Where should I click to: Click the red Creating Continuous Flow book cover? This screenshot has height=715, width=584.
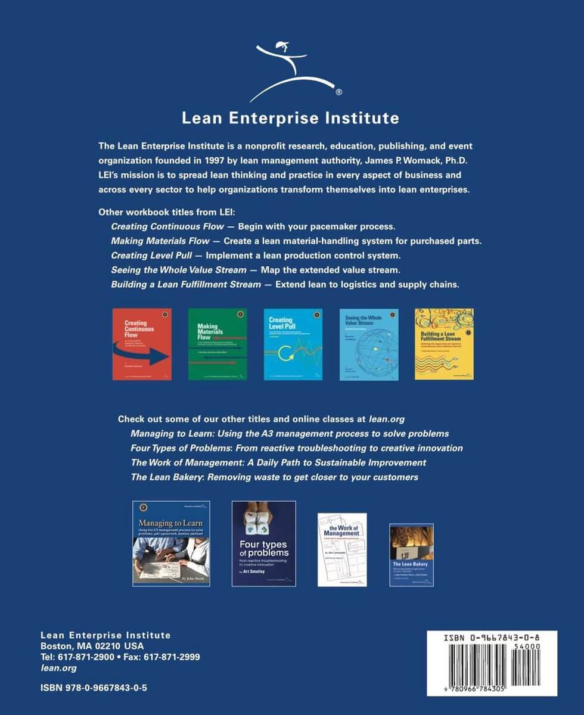142,344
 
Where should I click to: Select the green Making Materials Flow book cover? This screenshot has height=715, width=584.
218,344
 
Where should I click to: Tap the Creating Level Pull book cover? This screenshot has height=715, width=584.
293,344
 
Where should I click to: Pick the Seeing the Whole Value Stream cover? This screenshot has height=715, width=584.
369,344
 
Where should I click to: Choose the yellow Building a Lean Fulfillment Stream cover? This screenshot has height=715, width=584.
444,344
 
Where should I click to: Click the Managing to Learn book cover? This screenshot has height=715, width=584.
171,543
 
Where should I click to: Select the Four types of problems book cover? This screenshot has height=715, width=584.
263,543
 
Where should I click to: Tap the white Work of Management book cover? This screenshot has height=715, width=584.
342,549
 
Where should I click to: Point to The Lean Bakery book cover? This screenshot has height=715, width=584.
411,555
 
